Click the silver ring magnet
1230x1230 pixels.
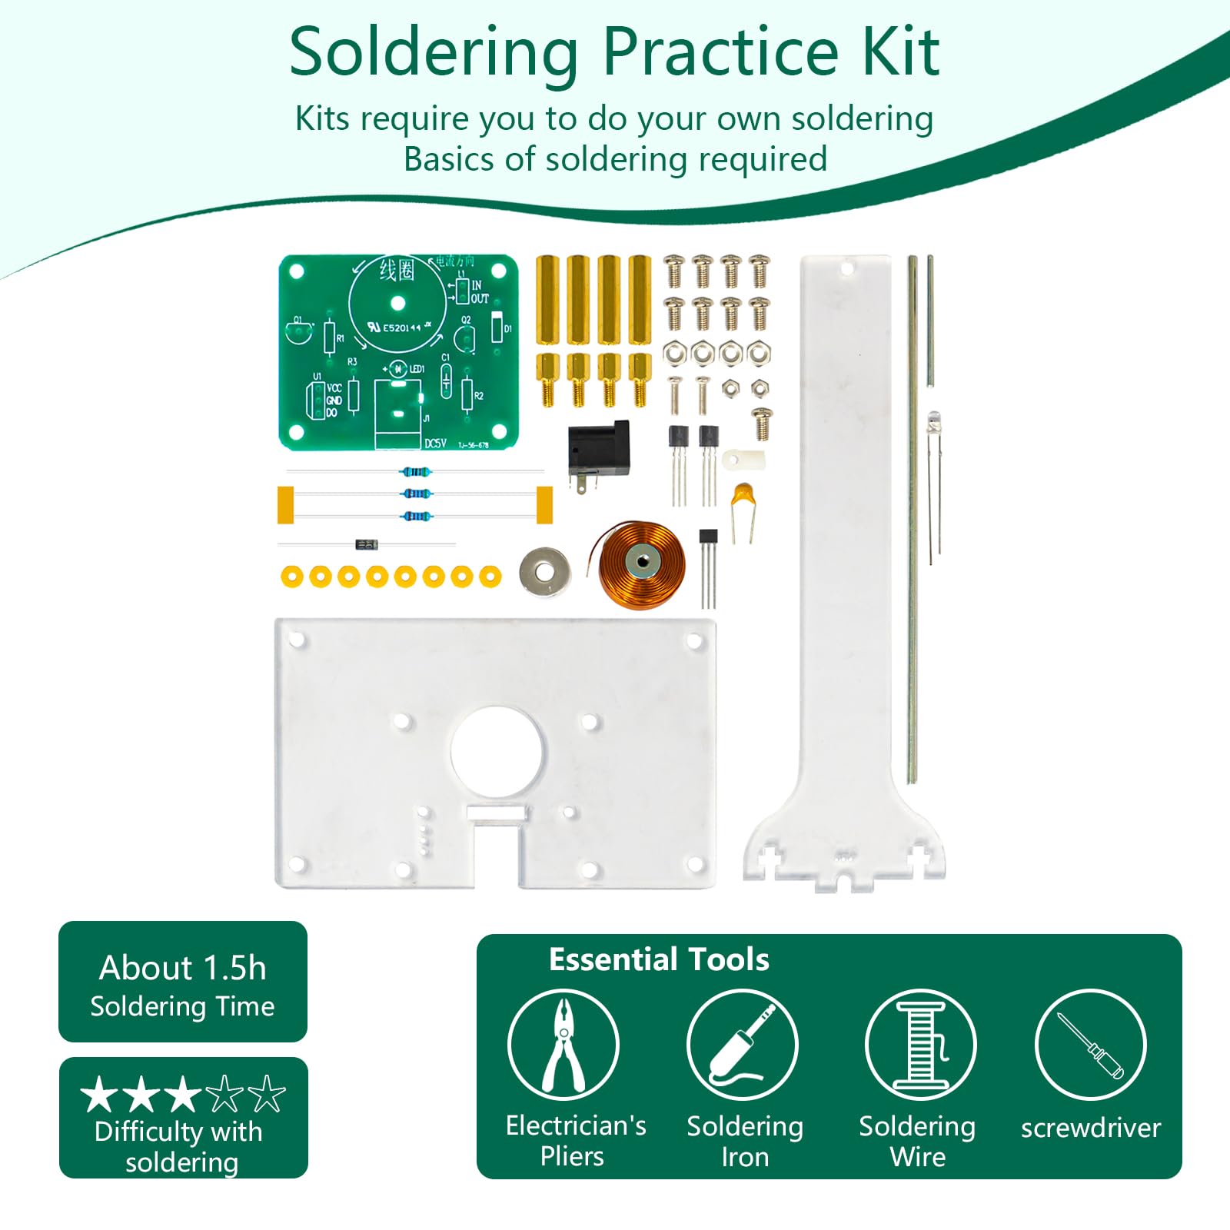(x=544, y=572)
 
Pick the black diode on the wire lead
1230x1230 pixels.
(x=367, y=545)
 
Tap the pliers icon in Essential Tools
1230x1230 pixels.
(x=563, y=1045)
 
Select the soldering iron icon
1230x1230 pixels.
(x=743, y=1045)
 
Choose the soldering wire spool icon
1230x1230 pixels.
(x=920, y=1045)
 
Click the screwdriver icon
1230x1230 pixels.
(x=1090, y=1045)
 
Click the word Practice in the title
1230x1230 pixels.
(x=720, y=52)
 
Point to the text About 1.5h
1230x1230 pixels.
(x=183, y=968)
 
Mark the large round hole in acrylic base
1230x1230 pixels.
(x=497, y=751)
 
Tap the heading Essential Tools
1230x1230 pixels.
(x=659, y=959)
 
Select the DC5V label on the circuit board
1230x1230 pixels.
(x=436, y=444)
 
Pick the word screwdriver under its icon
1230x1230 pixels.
(x=1090, y=1128)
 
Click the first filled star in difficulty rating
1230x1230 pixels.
(x=100, y=1095)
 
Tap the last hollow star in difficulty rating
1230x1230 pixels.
(x=267, y=1095)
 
